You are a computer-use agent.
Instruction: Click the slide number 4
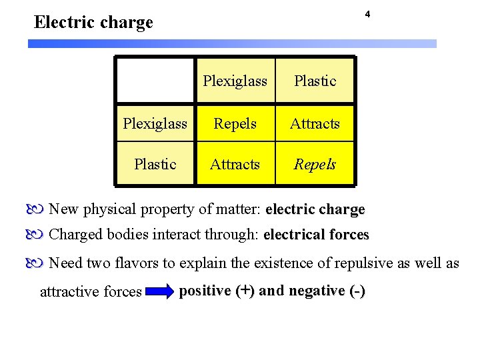point(367,15)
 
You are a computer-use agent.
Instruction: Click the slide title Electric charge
point(93,23)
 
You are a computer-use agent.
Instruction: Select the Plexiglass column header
point(235,81)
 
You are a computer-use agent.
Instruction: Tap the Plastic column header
point(315,81)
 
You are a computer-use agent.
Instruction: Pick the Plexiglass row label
point(155,124)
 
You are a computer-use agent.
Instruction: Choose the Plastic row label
point(155,164)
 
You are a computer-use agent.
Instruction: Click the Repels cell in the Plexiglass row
point(235,124)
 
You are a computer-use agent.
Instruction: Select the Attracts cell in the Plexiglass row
point(315,124)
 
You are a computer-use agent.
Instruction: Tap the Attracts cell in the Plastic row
point(235,164)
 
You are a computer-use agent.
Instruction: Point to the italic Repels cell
point(315,164)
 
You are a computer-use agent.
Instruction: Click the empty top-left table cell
point(155,80)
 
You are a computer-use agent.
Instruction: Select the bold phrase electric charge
point(315,209)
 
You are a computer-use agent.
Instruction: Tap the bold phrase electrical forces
point(316,235)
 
